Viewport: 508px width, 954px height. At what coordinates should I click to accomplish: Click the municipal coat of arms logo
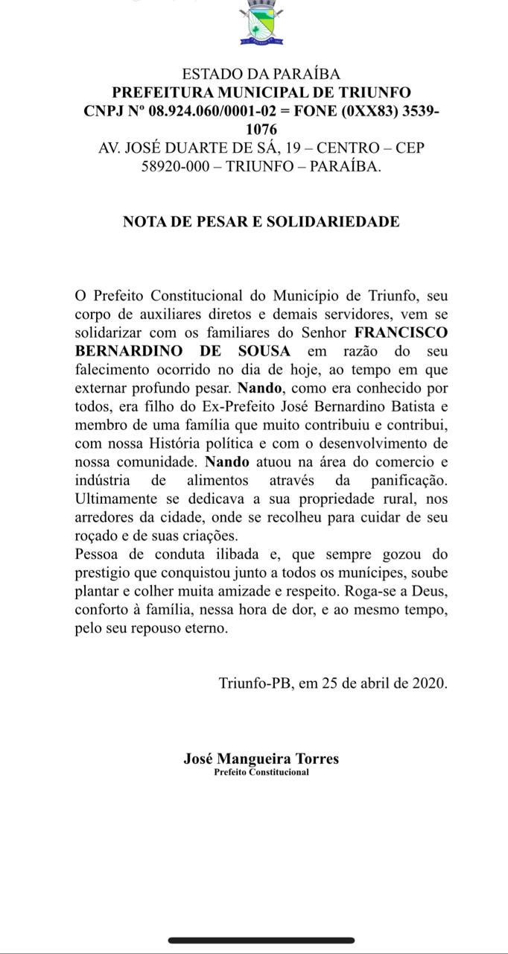pos(261,23)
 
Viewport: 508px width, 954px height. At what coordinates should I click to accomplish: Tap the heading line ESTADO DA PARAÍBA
pos(261,74)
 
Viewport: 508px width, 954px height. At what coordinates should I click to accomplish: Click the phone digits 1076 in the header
pos(261,130)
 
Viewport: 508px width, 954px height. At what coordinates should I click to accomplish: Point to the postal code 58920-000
pos(175,166)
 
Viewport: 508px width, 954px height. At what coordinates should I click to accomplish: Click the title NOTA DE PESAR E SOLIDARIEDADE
pos(261,221)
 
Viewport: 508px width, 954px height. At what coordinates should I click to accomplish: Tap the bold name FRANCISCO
pos(401,332)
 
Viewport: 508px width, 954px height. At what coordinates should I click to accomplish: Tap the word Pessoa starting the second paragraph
pos(99,555)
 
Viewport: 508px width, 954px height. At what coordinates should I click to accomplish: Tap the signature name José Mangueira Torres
pos(261,759)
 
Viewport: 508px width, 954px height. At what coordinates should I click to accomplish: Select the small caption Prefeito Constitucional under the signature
pos(261,772)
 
